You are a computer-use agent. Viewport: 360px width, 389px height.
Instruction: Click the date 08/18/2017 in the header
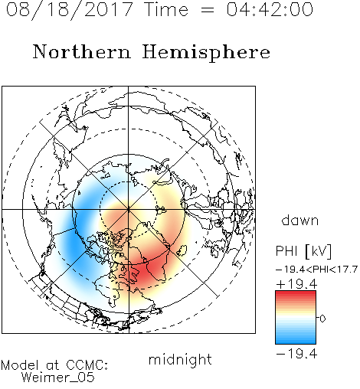(x=69, y=9)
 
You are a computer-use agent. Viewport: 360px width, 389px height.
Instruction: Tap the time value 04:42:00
(x=270, y=9)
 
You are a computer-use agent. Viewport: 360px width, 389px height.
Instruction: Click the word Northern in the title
(x=82, y=52)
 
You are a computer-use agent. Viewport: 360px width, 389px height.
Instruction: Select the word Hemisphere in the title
(x=206, y=52)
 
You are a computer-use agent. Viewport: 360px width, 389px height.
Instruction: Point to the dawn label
(x=300, y=220)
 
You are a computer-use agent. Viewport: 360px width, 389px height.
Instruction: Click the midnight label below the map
(x=180, y=359)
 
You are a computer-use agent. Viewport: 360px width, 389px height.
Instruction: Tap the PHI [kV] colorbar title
(x=303, y=251)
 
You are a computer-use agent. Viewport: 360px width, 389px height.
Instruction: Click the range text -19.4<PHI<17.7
(x=316, y=270)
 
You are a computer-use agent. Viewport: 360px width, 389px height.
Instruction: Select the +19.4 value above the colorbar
(x=296, y=284)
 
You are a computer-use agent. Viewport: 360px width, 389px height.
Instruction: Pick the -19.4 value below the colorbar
(x=296, y=354)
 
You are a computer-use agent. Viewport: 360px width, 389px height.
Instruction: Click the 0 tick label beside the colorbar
(x=322, y=319)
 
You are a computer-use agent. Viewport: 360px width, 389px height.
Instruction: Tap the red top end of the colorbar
(x=296, y=293)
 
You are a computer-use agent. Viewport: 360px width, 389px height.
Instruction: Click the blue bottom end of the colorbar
(x=296, y=341)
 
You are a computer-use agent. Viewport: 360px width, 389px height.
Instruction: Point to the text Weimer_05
(x=58, y=378)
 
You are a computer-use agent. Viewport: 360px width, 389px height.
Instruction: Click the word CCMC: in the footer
(x=87, y=365)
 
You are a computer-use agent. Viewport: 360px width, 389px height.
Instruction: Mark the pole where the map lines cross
(x=129, y=210)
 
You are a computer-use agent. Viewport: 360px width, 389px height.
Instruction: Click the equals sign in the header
(x=208, y=10)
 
